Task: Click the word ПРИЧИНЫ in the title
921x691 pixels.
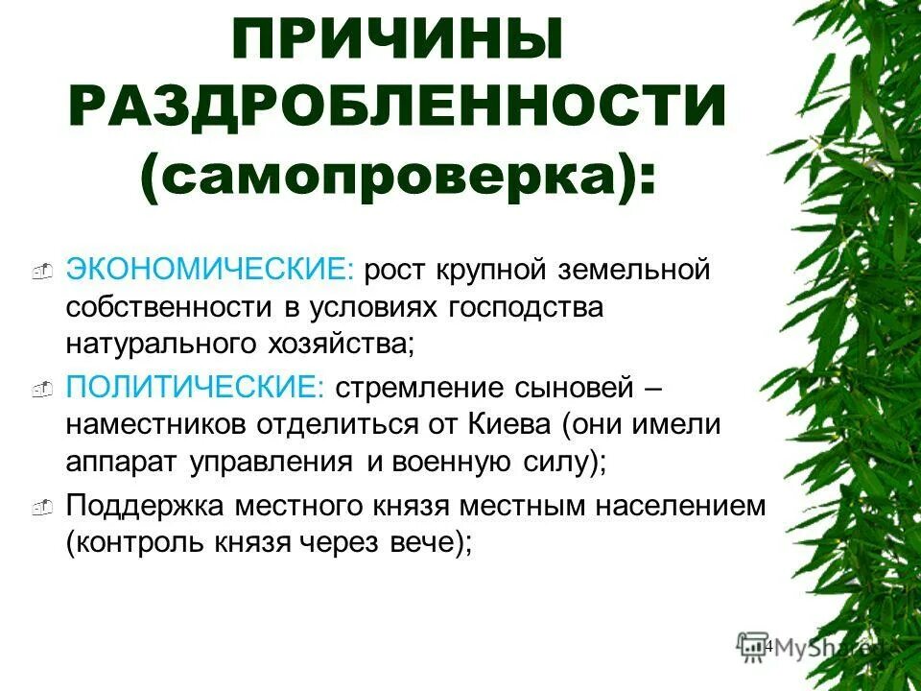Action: pyautogui.click(x=396, y=43)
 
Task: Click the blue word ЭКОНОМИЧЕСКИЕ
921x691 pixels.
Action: pyautogui.click(x=210, y=272)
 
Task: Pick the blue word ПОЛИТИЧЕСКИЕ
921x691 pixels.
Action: pyautogui.click(x=197, y=390)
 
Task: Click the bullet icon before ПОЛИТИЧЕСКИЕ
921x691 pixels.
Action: pyautogui.click(x=40, y=393)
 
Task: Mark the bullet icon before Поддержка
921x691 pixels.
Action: pyautogui.click(x=40, y=510)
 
